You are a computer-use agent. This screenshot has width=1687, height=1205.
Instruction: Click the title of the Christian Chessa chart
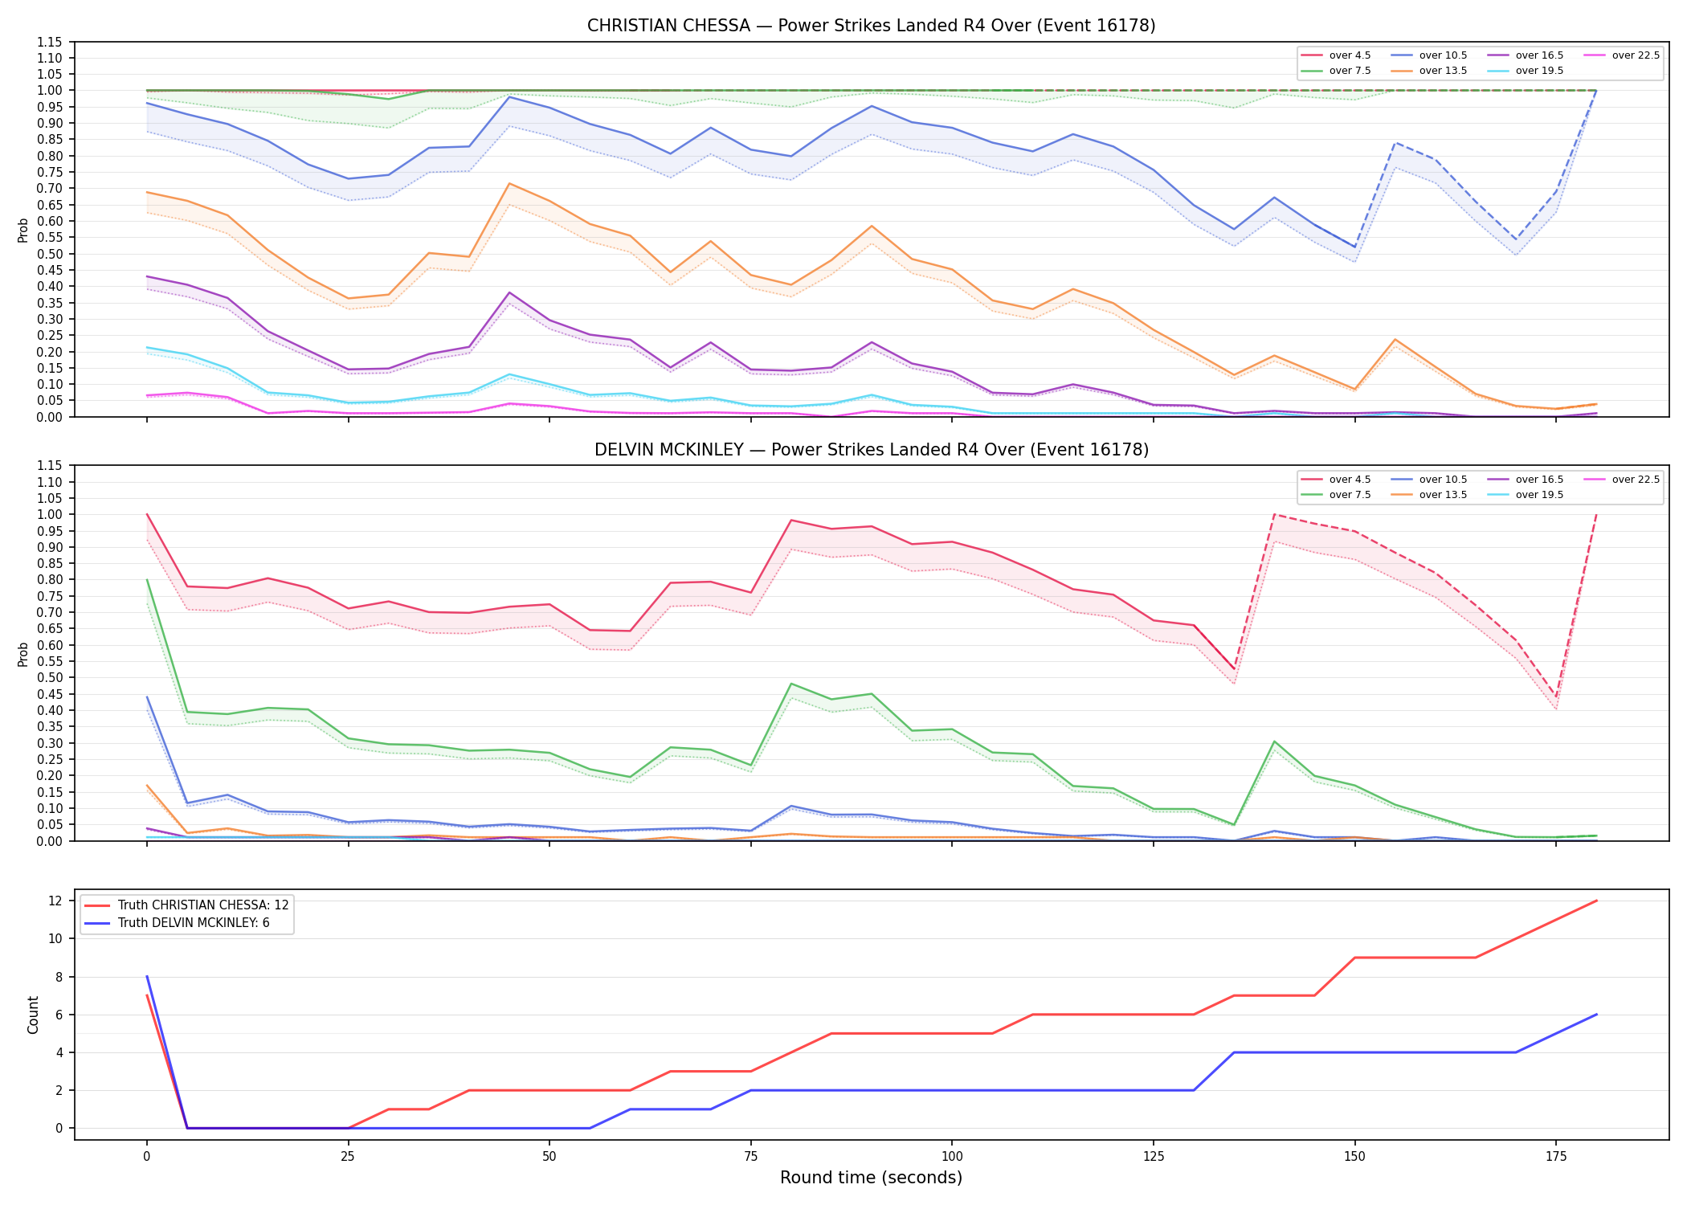click(871, 26)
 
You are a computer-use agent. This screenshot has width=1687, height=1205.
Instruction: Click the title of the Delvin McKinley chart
click(871, 450)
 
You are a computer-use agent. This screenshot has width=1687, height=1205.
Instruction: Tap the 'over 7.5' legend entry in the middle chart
click(1337, 495)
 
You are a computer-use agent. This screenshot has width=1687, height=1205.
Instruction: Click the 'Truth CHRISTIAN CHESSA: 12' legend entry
click(186, 905)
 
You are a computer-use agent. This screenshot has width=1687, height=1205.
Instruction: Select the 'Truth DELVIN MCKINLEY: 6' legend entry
click(177, 923)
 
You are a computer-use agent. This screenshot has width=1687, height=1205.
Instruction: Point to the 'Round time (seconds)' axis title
click(871, 1178)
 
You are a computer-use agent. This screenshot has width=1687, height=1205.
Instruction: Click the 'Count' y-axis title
click(33, 1015)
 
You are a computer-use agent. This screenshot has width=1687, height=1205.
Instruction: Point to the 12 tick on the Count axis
click(55, 901)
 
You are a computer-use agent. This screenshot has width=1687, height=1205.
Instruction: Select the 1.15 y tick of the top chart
click(50, 42)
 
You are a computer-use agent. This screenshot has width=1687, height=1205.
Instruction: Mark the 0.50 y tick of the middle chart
click(50, 678)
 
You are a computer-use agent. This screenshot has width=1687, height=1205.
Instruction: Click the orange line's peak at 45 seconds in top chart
click(509, 183)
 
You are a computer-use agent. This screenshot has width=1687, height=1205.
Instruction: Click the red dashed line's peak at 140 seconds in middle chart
click(1274, 514)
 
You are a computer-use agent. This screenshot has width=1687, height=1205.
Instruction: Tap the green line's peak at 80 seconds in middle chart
click(791, 684)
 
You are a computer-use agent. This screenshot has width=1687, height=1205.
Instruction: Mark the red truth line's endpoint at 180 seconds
click(1596, 901)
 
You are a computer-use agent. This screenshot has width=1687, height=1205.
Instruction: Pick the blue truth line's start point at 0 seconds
click(147, 976)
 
